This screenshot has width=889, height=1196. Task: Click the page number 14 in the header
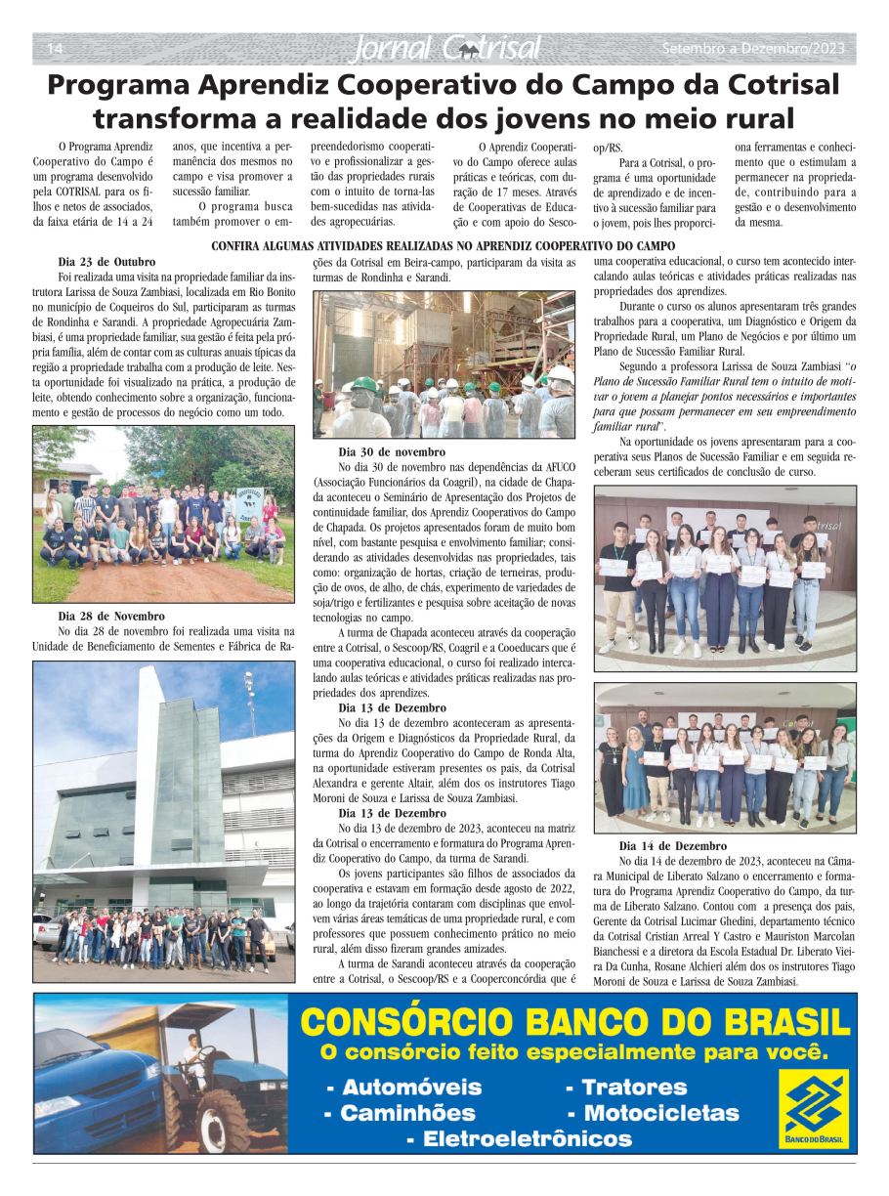55,49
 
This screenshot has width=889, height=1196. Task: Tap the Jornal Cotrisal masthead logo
444,48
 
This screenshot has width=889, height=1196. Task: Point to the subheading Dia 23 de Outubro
106,262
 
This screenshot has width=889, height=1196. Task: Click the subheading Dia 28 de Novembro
110,617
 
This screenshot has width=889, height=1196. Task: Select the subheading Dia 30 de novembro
392,452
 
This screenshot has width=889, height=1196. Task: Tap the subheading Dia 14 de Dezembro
672,846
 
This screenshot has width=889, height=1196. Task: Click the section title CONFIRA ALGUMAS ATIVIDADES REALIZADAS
444,246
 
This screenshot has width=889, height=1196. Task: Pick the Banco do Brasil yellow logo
814,1108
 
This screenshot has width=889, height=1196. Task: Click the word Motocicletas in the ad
661,1113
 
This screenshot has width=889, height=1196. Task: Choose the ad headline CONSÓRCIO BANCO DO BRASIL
574,1022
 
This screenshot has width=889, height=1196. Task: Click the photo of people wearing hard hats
444,363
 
